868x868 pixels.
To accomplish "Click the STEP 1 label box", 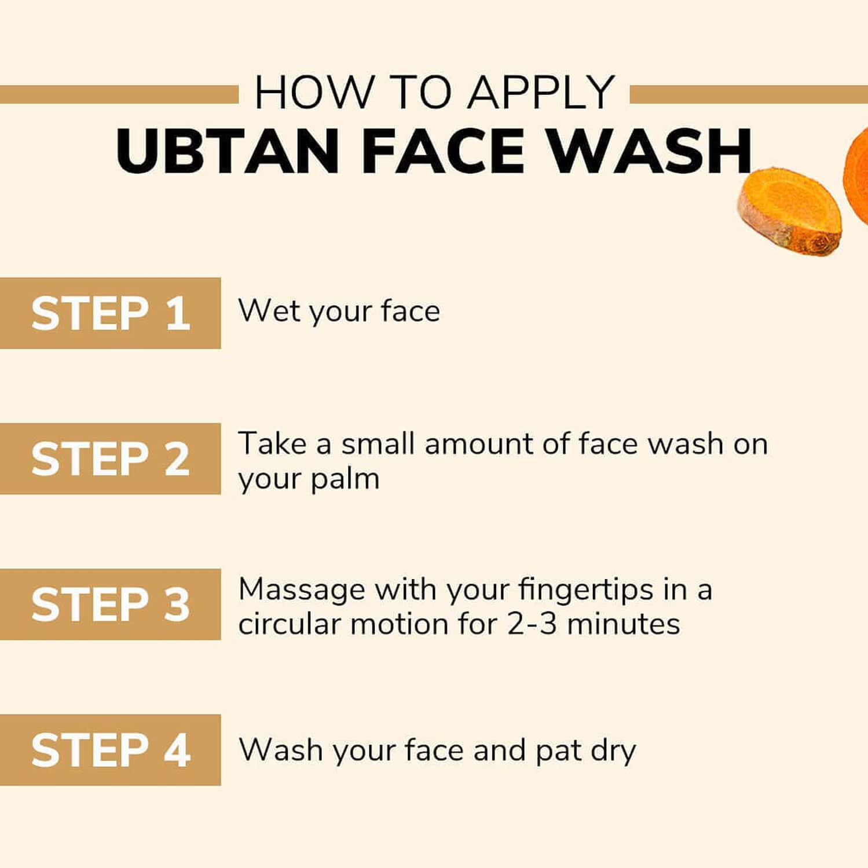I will (110, 313).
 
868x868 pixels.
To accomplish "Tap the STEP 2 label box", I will (110, 459).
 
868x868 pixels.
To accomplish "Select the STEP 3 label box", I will (110, 604).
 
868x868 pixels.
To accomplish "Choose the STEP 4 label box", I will (110, 750).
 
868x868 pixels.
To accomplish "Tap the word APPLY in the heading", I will (541, 92).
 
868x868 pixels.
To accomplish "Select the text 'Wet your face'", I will (339, 312).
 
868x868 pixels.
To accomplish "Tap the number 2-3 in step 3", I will (532, 624).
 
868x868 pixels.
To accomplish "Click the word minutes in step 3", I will (624, 624).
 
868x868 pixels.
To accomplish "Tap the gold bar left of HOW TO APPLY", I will (119, 94).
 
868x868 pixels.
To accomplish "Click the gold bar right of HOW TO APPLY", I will (748, 94).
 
